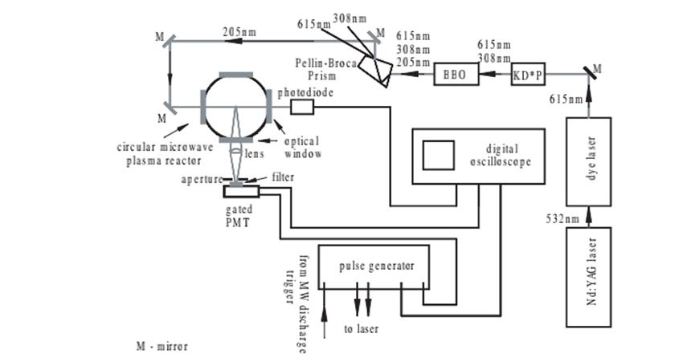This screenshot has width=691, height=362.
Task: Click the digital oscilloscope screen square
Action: tap(439, 155)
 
